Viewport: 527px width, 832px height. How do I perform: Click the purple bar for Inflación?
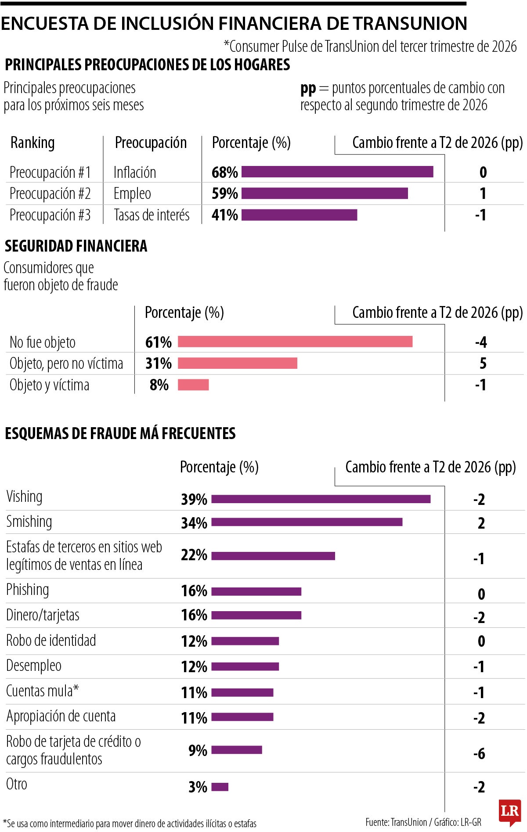[337, 172]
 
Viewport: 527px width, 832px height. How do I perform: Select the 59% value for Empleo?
[224, 193]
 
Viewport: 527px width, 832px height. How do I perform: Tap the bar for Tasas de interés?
[299, 215]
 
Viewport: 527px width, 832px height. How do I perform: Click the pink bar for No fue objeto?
[295, 342]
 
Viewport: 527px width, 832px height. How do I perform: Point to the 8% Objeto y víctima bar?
[193, 385]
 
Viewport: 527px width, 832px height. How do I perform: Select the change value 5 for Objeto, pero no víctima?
[483, 363]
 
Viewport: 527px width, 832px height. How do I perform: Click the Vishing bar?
[321, 499]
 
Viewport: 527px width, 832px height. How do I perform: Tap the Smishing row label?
[29, 522]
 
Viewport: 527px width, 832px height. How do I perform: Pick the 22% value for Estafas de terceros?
[194, 555]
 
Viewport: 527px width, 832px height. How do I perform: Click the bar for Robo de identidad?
[245, 641]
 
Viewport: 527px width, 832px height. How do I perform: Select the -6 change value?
[479, 754]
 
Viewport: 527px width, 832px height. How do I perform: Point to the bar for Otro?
[220, 787]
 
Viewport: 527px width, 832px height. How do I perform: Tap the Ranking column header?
[32, 143]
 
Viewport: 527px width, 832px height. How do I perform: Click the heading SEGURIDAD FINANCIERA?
[76, 246]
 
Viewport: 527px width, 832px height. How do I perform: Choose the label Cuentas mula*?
[43, 691]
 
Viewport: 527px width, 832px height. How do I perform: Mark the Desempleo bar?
[245, 666]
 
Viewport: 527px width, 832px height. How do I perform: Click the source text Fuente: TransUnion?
[396, 822]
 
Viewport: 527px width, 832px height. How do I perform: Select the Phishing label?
[28, 590]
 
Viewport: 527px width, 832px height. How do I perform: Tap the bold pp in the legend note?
[308, 89]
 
